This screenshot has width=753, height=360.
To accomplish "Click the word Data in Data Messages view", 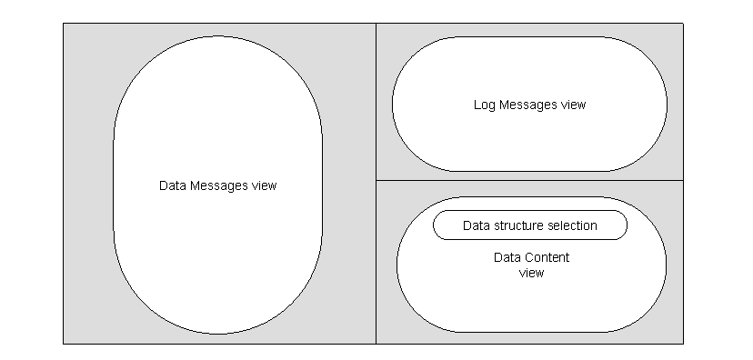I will point(170,185).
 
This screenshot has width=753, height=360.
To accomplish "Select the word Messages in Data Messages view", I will point(216,185).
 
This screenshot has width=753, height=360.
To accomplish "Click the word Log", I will point(483,105).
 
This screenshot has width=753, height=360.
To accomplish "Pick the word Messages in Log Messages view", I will point(527,105).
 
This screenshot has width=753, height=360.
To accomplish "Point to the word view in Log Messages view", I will point(573,105).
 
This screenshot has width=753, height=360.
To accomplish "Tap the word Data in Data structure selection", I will point(476,225).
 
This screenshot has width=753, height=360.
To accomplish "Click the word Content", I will point(547,258).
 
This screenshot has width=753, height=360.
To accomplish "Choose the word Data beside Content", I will point(507,258).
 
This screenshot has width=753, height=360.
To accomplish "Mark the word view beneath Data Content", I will point(531,273).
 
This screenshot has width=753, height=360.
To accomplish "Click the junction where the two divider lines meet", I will point(376,180).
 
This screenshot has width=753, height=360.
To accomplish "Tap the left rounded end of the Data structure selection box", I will point(435,225).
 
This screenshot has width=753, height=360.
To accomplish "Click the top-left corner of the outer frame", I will point(63,24).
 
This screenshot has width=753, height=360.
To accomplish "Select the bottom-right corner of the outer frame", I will point(682,344).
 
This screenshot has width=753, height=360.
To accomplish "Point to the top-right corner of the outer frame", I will point(682,24).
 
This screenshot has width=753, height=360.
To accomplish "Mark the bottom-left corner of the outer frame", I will point(63,344).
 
